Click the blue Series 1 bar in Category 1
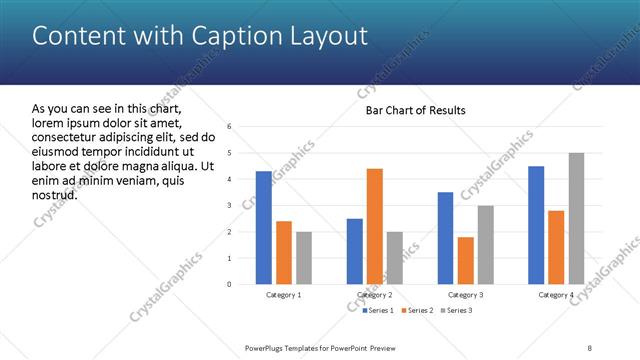(263, 228)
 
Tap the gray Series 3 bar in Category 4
(576, 219)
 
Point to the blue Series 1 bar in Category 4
(536, 225)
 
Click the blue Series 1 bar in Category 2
(355, 251)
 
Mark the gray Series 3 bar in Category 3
(485, 245)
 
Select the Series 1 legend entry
(379, 311)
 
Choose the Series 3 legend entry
(458, 311)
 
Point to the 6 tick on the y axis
(230, 127)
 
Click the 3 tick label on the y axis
(230, 206)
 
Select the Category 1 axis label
(284, 295)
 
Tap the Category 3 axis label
(465, 295)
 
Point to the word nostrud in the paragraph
(55, 194)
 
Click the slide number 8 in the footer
(590, 347)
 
